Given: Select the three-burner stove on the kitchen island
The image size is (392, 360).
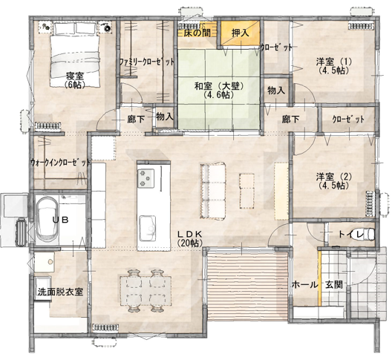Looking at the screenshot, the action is (x=146, y=178).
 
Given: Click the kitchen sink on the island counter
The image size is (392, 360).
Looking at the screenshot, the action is (x=148, y=228).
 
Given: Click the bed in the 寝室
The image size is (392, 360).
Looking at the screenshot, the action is (x=76, y=55).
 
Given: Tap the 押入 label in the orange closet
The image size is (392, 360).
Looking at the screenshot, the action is (x=240, y=33).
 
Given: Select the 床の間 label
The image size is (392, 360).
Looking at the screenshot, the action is (x=197, y=33).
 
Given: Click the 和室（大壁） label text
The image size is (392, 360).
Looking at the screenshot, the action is (x=219, y=86).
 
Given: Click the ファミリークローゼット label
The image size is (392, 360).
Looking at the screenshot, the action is (x=146, y=62).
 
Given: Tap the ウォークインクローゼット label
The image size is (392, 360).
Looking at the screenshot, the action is (x=60, y=163).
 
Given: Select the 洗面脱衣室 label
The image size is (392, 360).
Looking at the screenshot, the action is (x=60, y=292).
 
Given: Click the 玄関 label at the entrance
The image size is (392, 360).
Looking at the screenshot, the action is (x=334, y=285).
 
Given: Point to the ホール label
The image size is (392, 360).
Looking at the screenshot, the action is (x=305, y=285).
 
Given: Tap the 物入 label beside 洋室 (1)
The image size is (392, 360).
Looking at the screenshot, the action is (x=276, y=91).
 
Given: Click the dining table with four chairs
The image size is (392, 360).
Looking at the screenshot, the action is (x=146, y=291).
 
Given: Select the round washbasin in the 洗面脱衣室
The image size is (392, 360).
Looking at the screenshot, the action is (x=50, y=261).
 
